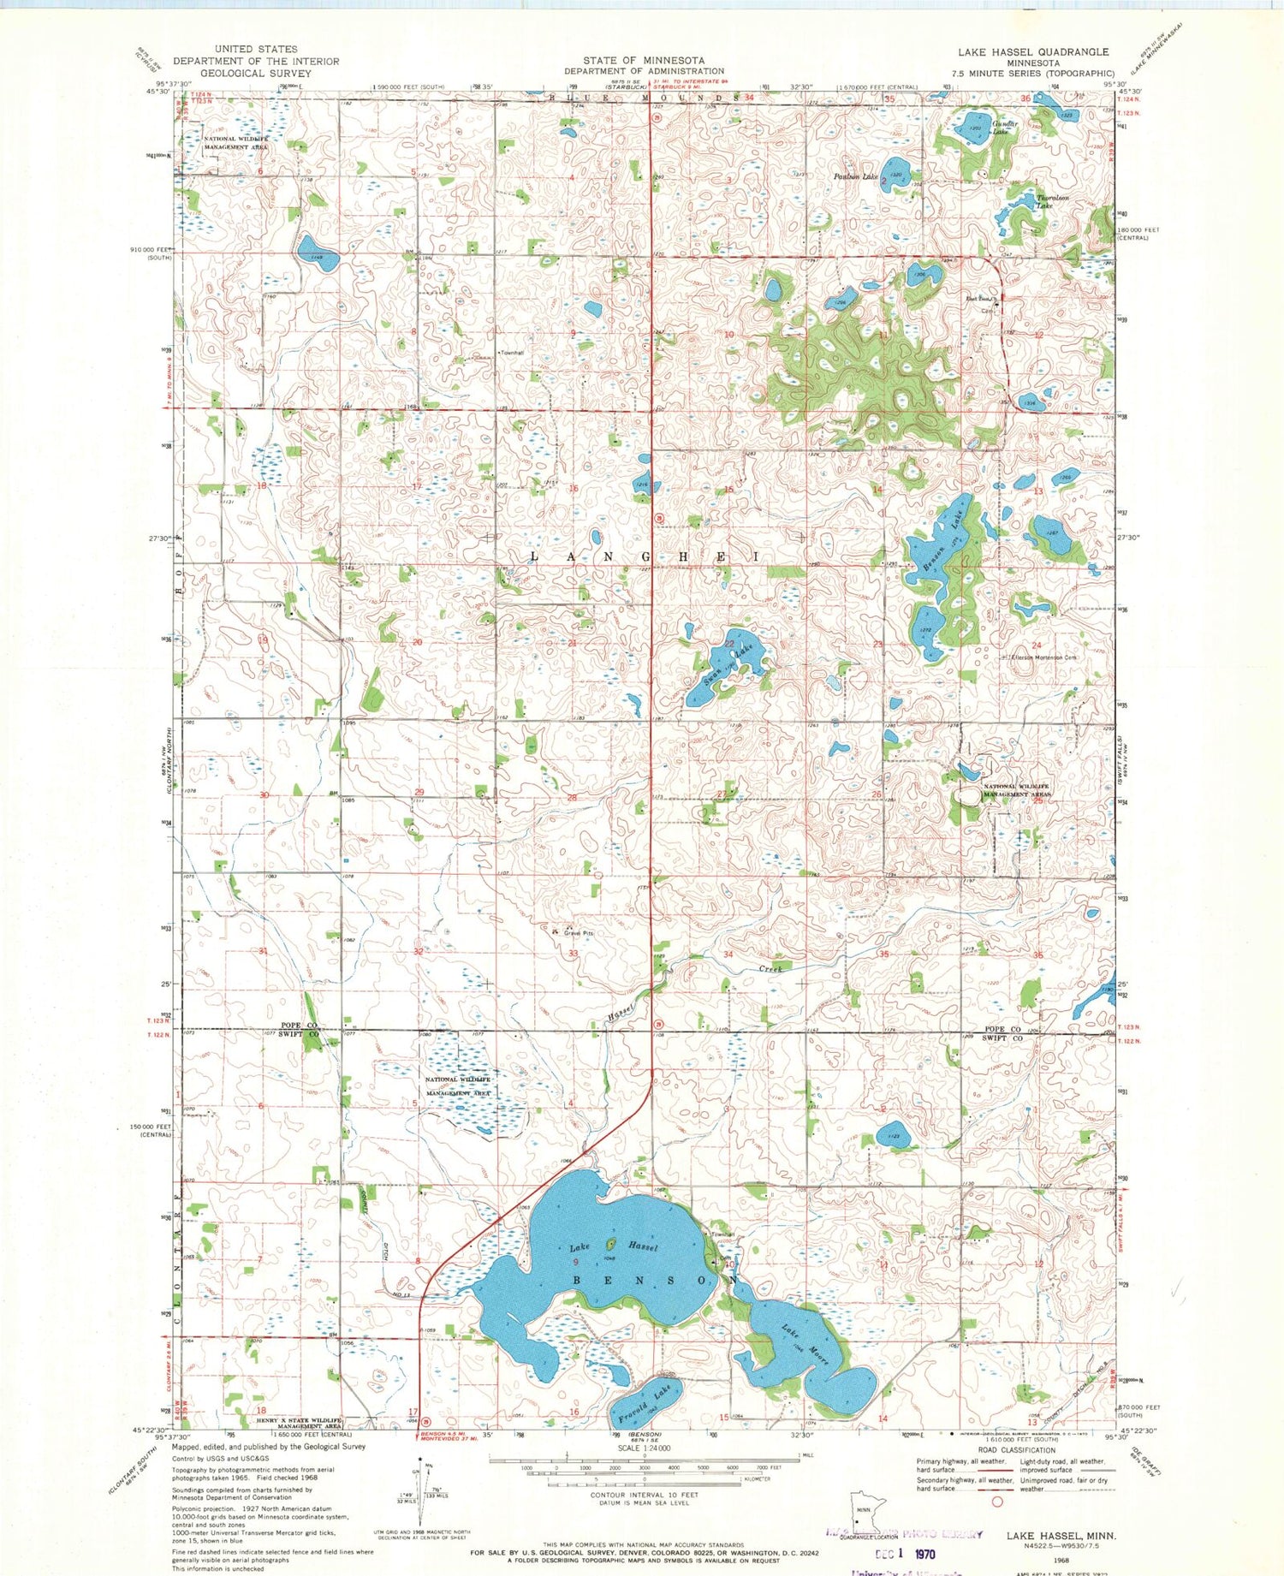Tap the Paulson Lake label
[x=856, y=177]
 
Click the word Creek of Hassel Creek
[x=770, y=968]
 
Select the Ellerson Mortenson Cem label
[x=1044, y=657]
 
